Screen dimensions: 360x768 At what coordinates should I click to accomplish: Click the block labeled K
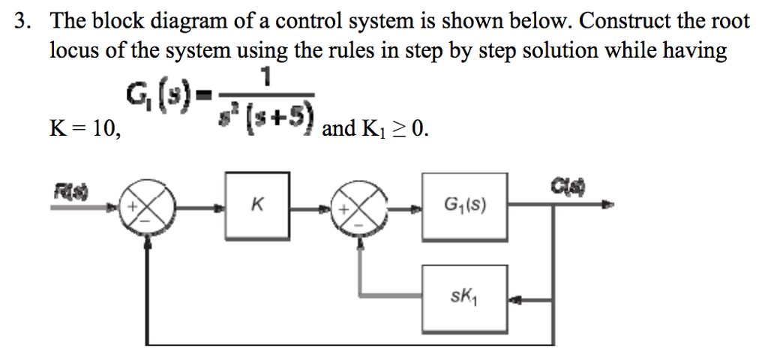[x=256, y=205]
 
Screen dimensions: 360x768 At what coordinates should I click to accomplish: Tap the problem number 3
[x=23, y=21]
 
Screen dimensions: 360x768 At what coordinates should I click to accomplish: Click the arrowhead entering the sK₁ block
[x=515, y=300]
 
